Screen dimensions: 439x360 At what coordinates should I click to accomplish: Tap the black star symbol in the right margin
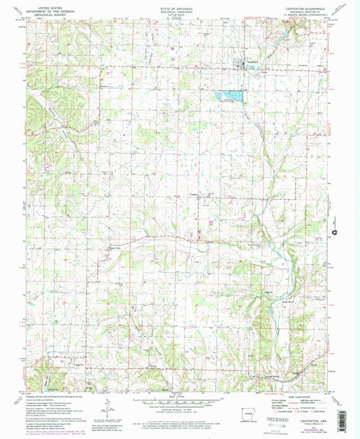click(x=334, y=234)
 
